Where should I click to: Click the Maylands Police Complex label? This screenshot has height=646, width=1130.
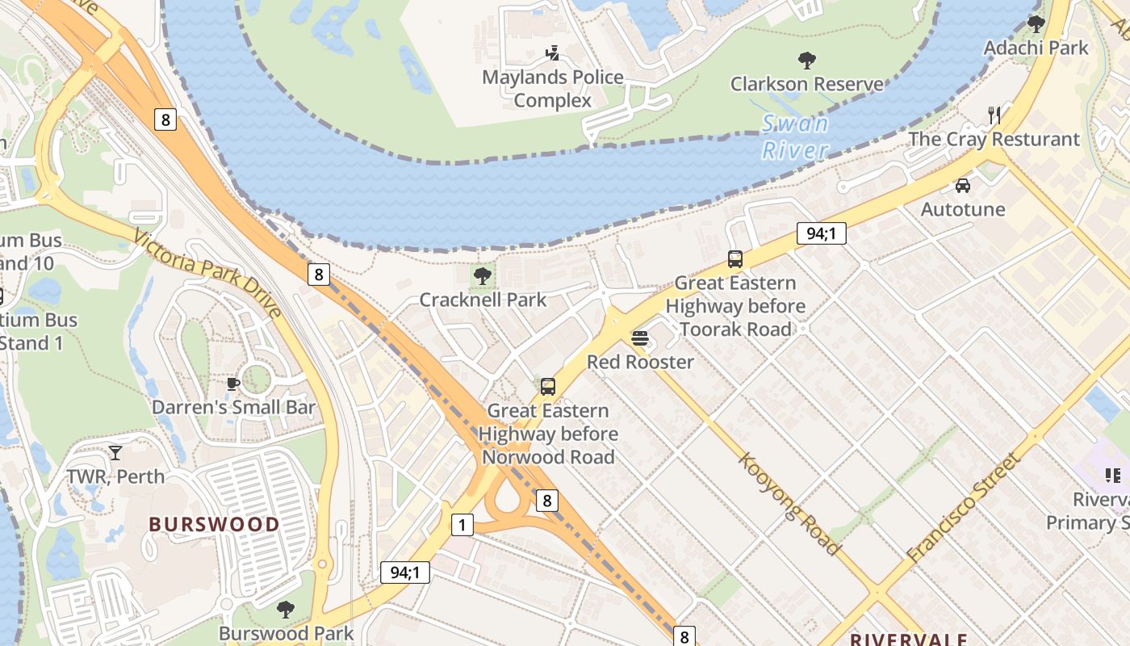[x=553, y=89]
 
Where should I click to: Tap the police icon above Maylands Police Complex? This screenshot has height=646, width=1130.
[x=553, y=54]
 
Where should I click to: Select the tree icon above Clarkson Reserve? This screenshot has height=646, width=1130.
[x=806, y=60]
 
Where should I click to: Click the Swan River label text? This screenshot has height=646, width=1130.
[x=796, y=136]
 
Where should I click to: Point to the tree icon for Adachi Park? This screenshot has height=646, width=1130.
[x=1036, y=24]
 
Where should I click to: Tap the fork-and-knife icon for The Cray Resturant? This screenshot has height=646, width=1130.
[x=994, y=115]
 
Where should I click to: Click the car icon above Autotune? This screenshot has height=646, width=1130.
[x=963, y=186]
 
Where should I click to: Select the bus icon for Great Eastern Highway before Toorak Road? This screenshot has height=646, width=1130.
[x=735, y=259]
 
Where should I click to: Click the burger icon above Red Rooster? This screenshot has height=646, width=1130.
[x=640, y=338]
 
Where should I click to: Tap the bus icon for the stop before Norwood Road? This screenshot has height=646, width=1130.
[x=548, y=386]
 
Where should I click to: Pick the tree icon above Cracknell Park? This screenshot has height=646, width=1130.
[x=483, y=276]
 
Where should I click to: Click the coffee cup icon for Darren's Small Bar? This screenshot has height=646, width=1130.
[x=233, y=384]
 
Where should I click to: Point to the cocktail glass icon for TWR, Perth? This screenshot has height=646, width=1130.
[x=115, y=453]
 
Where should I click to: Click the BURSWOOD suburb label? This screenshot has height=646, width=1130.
[x=214, y=524]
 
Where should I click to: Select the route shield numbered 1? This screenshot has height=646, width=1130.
[x=462, y=525]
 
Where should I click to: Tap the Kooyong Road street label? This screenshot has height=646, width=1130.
[x=790, y=502]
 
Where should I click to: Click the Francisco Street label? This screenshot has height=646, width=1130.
[x=964, y=508]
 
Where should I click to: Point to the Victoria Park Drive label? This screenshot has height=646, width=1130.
[x=207, y=274]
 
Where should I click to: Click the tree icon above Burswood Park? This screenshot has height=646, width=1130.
[x=286, y=609]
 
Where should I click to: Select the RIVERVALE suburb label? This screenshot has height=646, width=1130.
[x=907, y=640]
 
